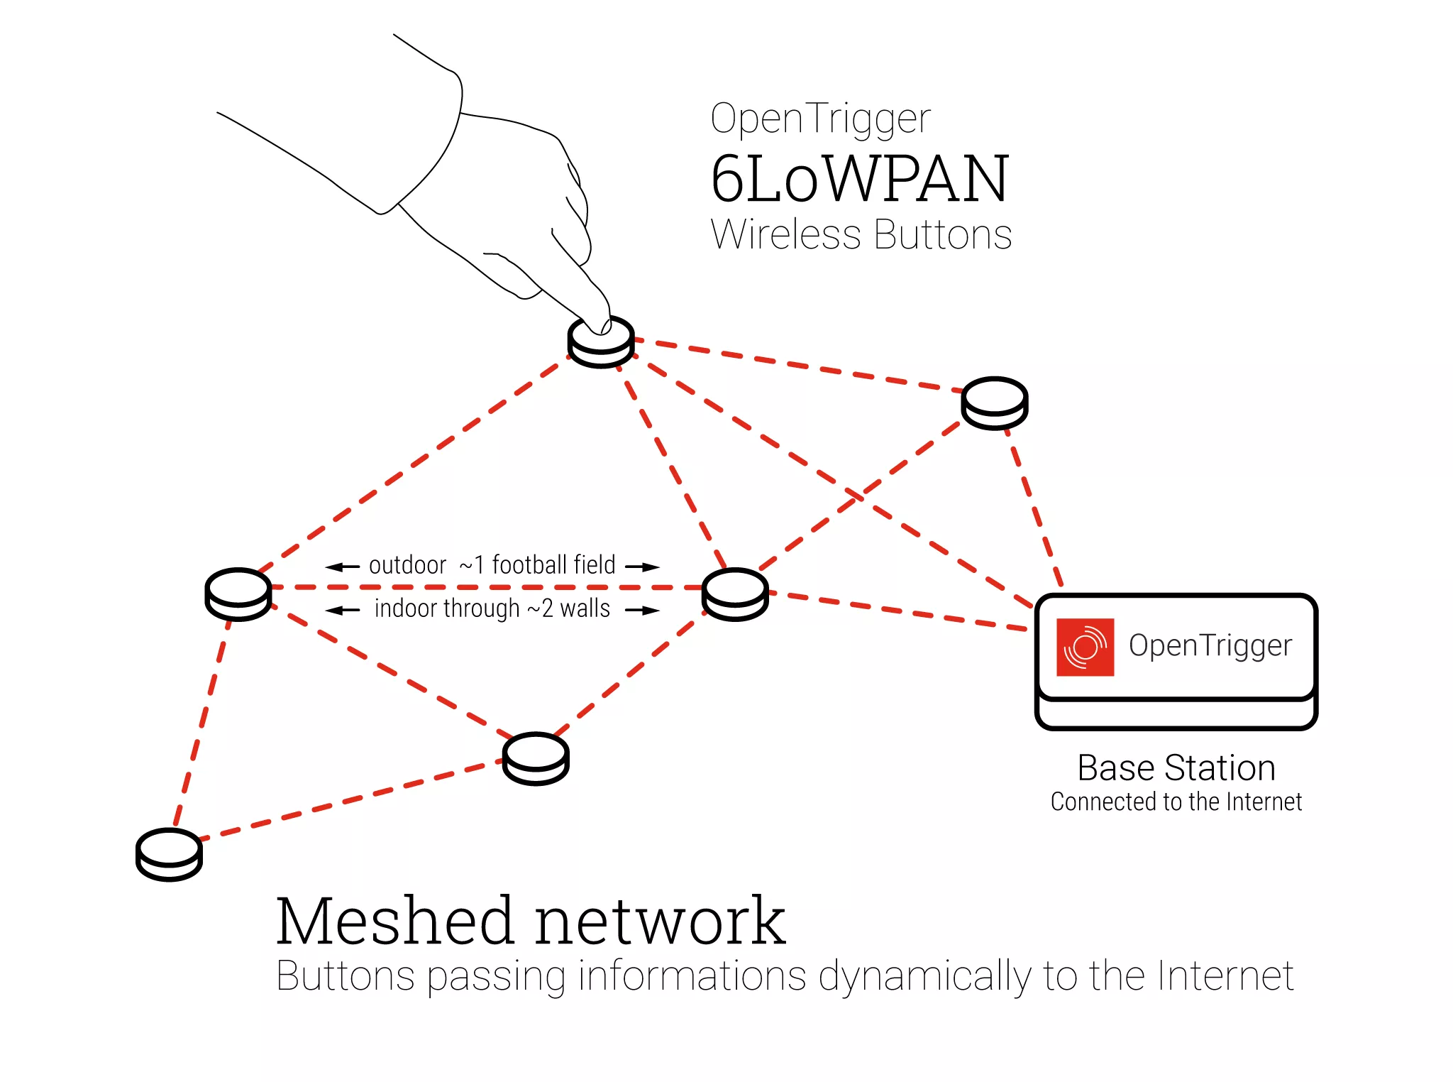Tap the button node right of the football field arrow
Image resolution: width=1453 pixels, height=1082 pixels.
click(x=735, y=594)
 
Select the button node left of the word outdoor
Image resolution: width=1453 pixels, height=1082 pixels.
click(x=238, y=594)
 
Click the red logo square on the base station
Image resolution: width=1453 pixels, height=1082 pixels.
click(x=1085, y=647)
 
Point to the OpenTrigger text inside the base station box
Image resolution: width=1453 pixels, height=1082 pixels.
click(x=1210, y=646)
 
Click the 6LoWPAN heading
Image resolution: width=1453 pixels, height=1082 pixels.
click(x=859, y=179)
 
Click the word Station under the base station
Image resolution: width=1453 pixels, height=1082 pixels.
click(x=1220, y=768)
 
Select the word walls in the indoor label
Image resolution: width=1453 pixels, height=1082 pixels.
click(x=585, y=609)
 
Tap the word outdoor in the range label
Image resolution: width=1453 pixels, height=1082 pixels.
click(x=407, y=566)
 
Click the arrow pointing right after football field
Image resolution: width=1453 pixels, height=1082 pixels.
click(x=642, y=567)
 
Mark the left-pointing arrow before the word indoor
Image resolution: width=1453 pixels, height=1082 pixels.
click(x=343, y=611)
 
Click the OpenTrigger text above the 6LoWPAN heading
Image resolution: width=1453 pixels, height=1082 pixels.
click(x=820, y=119)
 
